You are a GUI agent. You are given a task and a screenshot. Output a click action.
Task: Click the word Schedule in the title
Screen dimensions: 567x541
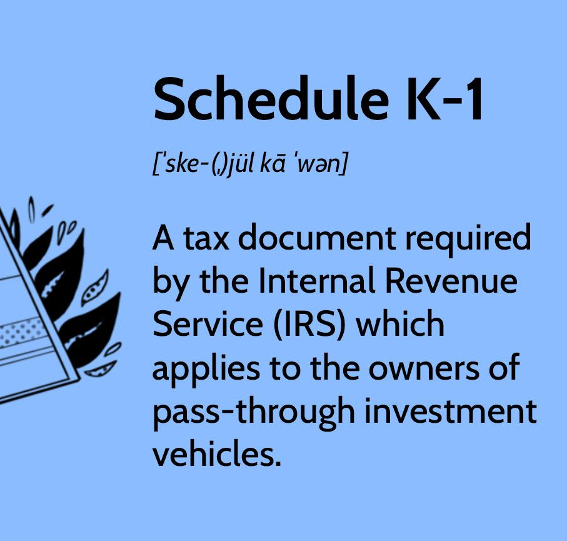(x=271, y=98)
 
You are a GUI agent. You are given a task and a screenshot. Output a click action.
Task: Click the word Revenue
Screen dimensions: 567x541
(x=451, y=281)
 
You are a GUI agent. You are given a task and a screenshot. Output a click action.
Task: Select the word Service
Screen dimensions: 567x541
(x=208, y=324)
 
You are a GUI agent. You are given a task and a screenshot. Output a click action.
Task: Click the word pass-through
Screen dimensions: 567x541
(x=253, y=413)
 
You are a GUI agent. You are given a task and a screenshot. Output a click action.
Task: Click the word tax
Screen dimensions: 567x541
(x=206, y=239)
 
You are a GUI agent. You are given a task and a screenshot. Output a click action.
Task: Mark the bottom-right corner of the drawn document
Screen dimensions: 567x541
(x=80, y=379)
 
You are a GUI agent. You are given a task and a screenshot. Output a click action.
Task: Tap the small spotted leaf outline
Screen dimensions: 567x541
(x=95, y=288)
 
